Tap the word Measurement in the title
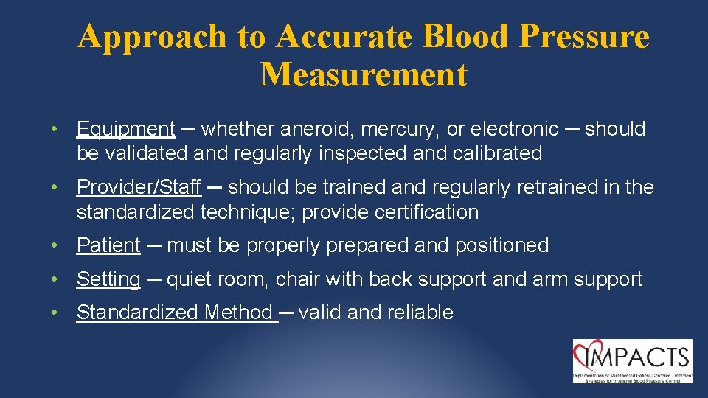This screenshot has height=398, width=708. [x=364, y=74]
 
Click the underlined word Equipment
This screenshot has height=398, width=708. [x=125, y=129]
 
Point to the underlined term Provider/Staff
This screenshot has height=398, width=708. [x=139, y=187]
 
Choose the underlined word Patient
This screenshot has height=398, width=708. [x=108, y=245]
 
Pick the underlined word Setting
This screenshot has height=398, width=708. [x=108, y=279]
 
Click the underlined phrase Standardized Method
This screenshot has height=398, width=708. [x=175, y=313]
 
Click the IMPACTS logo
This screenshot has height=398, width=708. [x=632, y=360]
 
